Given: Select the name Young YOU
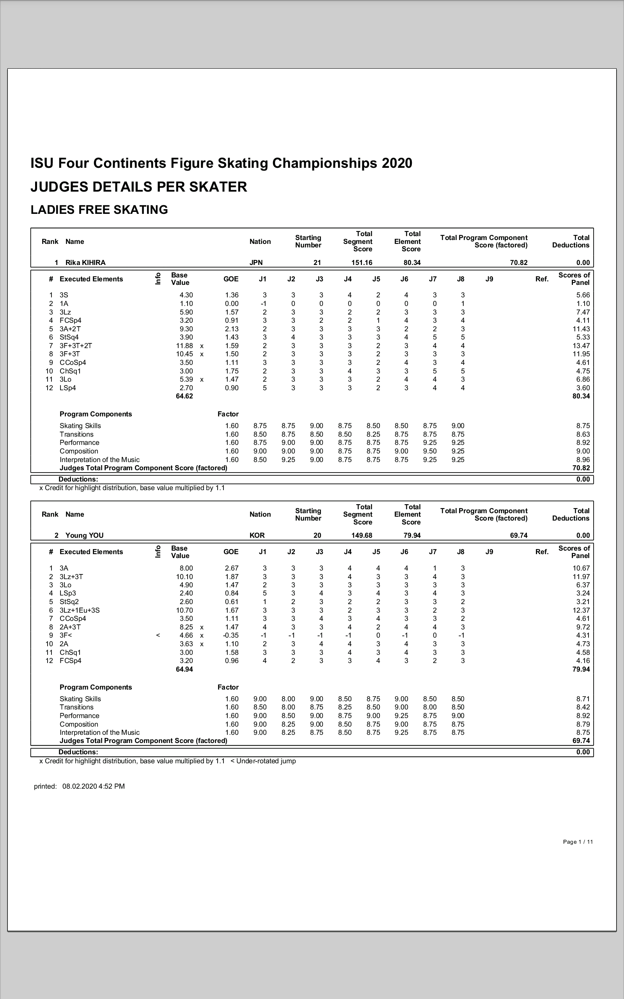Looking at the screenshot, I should click(85, 535).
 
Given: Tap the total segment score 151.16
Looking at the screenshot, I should click(362, 263).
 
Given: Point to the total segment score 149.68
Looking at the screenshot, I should click(362, 535).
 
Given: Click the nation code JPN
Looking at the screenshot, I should click(256, 263).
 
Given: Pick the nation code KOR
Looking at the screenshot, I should click(257, 535).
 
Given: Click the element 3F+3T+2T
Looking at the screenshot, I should click(76, 345).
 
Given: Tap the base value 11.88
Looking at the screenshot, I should click(184, 345).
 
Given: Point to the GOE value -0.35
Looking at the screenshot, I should click(231, 635).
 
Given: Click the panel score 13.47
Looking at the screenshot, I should click(581, 345).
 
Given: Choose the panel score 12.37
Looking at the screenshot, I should click(581, 610).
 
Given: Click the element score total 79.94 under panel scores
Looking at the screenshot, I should click(581, 669).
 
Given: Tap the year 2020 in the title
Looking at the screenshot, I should click(397, 164).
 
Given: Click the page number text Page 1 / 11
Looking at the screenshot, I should click(578, 842).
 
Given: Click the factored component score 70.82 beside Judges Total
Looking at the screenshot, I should click(581, 468).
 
